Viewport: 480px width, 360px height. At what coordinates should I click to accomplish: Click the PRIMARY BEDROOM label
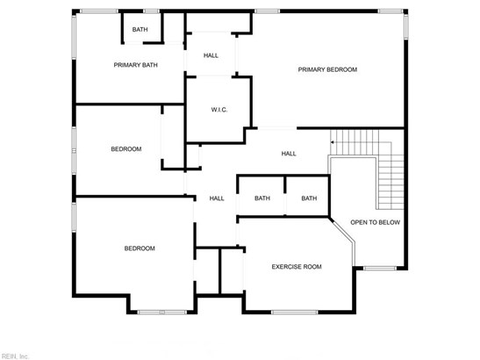(x=327, y=69)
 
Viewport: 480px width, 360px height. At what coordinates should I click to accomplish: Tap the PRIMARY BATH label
(x=136, y=65)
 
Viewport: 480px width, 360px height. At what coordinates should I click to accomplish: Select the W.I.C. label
(x=219, y=110)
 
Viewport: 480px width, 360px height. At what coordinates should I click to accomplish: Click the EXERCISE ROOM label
(x=297, y=267)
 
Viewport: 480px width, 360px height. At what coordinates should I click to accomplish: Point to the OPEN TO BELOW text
(x=376, y=222)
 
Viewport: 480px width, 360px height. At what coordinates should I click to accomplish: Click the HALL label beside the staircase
(x=289, y=154)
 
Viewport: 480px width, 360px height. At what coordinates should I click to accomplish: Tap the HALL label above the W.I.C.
(x=211, y=55)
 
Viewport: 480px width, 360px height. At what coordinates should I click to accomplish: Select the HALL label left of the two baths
(x=217, y=198)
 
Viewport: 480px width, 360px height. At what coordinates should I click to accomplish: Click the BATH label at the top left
(x=140, y=29)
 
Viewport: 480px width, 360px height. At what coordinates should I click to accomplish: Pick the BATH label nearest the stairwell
(x=309, y=198)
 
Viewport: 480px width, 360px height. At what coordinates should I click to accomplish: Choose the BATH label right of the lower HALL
(x=262, y=198)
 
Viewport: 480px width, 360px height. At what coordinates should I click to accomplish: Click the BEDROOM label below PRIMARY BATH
(x=126, y=149)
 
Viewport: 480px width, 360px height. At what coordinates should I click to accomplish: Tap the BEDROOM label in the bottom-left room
(x=140, y=248)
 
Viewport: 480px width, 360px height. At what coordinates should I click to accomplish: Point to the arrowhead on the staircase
(x=333, y=142)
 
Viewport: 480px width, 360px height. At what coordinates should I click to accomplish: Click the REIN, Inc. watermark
(x=14, y=356)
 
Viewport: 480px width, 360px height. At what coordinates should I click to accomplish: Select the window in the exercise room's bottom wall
(x=295, y=313)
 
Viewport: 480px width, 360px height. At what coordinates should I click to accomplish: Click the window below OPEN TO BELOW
(x=380, y=269)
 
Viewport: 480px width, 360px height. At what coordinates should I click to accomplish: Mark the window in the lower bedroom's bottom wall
(x=162, y=313)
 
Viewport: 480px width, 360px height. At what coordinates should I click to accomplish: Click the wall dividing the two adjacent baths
(x=285, y=184)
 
